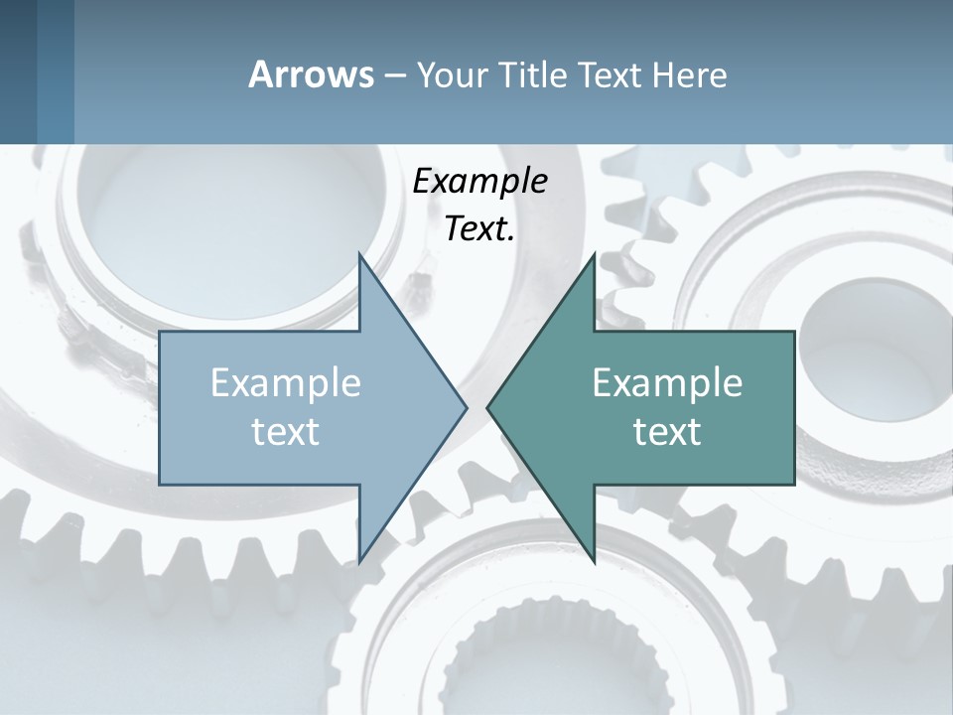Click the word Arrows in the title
click(x=311, y=74)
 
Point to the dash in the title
click(x=394, y=75)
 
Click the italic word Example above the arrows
click(x=479, y=182)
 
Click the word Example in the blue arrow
click(x=286, y=383)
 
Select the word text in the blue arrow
click(x=286, y=432)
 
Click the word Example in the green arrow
click(x=667, y=383)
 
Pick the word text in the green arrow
click(x=667, y=432)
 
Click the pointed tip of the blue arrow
click(x=466, y=407)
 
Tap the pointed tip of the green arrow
click(x=488, y=407)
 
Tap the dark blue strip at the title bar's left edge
click(x=19, y=71)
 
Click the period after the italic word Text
click(x=511, y=239)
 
